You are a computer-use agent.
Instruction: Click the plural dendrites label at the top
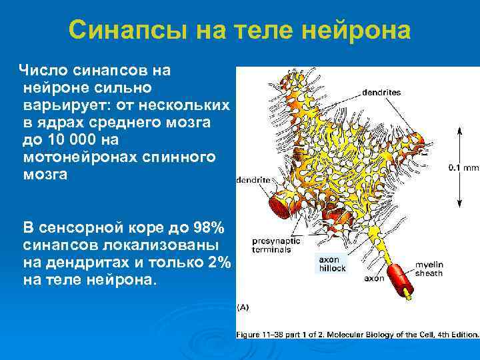(x=382, y=93)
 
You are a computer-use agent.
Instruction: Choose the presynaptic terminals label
(x=274, y=245)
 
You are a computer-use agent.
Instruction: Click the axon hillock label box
(x=331, y=264)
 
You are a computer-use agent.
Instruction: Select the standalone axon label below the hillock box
(x=373, y=279)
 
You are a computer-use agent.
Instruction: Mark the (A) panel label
(x=244, y=307)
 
